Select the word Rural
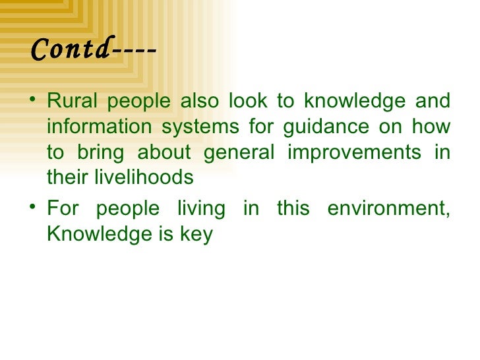tap(71, 102)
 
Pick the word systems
tap(203, 127)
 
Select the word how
tap(433, 127)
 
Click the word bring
tap(100, 152)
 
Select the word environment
tap(390, 209)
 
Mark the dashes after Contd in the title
tap(134, 49)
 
